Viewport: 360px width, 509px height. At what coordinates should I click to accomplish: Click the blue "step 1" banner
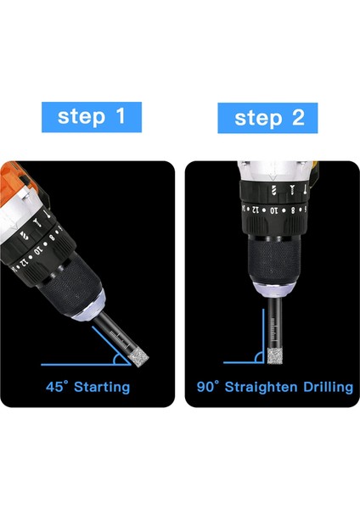[92, 117]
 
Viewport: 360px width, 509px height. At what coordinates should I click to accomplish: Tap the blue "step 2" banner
[267, 118]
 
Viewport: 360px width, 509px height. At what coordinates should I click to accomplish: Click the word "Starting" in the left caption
[102, 388]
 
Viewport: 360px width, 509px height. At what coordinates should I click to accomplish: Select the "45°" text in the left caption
[57, 387]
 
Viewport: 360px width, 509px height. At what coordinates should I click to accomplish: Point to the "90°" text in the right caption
[208, 387]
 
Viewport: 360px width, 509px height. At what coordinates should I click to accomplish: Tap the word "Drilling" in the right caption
[328, 388]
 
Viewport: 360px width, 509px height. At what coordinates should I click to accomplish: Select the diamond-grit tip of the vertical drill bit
[273, 355]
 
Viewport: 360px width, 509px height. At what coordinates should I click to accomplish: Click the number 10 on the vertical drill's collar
[274, 210]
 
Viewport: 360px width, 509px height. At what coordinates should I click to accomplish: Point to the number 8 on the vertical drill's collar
[293, 210]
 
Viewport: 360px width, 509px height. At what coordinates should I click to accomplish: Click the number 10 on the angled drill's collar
[38, 250]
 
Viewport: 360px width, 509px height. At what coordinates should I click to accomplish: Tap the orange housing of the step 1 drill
[13, 182]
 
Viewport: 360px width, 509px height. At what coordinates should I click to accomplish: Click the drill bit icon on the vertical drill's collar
[273, 190]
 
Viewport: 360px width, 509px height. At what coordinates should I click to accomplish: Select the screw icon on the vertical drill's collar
[292, 190]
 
